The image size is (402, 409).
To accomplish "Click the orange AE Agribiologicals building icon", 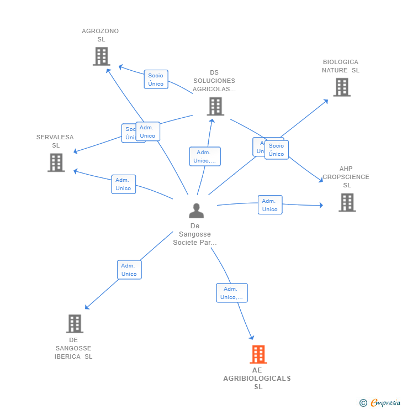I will point(258,354).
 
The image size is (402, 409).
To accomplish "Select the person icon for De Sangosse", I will point(196,211).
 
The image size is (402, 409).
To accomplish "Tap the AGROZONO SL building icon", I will point(101,56).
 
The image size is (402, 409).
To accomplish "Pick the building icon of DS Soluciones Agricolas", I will point(215,106).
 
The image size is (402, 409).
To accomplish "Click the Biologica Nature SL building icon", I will point(341,87).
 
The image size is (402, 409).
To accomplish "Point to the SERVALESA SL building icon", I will point(56,162).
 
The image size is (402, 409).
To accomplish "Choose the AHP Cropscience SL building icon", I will point(347,202).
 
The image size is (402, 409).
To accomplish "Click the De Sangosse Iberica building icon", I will point(74,324).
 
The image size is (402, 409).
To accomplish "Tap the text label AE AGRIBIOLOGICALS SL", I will point(257,379).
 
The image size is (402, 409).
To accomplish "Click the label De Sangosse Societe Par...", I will point(195,234).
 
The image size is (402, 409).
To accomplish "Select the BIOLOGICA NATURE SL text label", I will point(340,66).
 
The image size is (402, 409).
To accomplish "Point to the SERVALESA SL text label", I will point(55,141).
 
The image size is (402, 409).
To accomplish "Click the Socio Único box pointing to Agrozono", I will point(156,80).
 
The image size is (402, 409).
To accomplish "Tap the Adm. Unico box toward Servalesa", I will point(123,184).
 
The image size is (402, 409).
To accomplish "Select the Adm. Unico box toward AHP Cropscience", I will point(269,205).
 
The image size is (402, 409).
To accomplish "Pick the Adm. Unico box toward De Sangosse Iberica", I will point(129,270).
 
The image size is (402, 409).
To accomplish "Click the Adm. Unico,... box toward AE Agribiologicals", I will point(231,293).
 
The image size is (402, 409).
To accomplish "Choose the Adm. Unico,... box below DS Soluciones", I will point(204,156).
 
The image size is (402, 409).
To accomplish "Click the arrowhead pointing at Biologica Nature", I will point(326,101).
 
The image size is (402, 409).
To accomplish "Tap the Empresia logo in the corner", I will point(380,403).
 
